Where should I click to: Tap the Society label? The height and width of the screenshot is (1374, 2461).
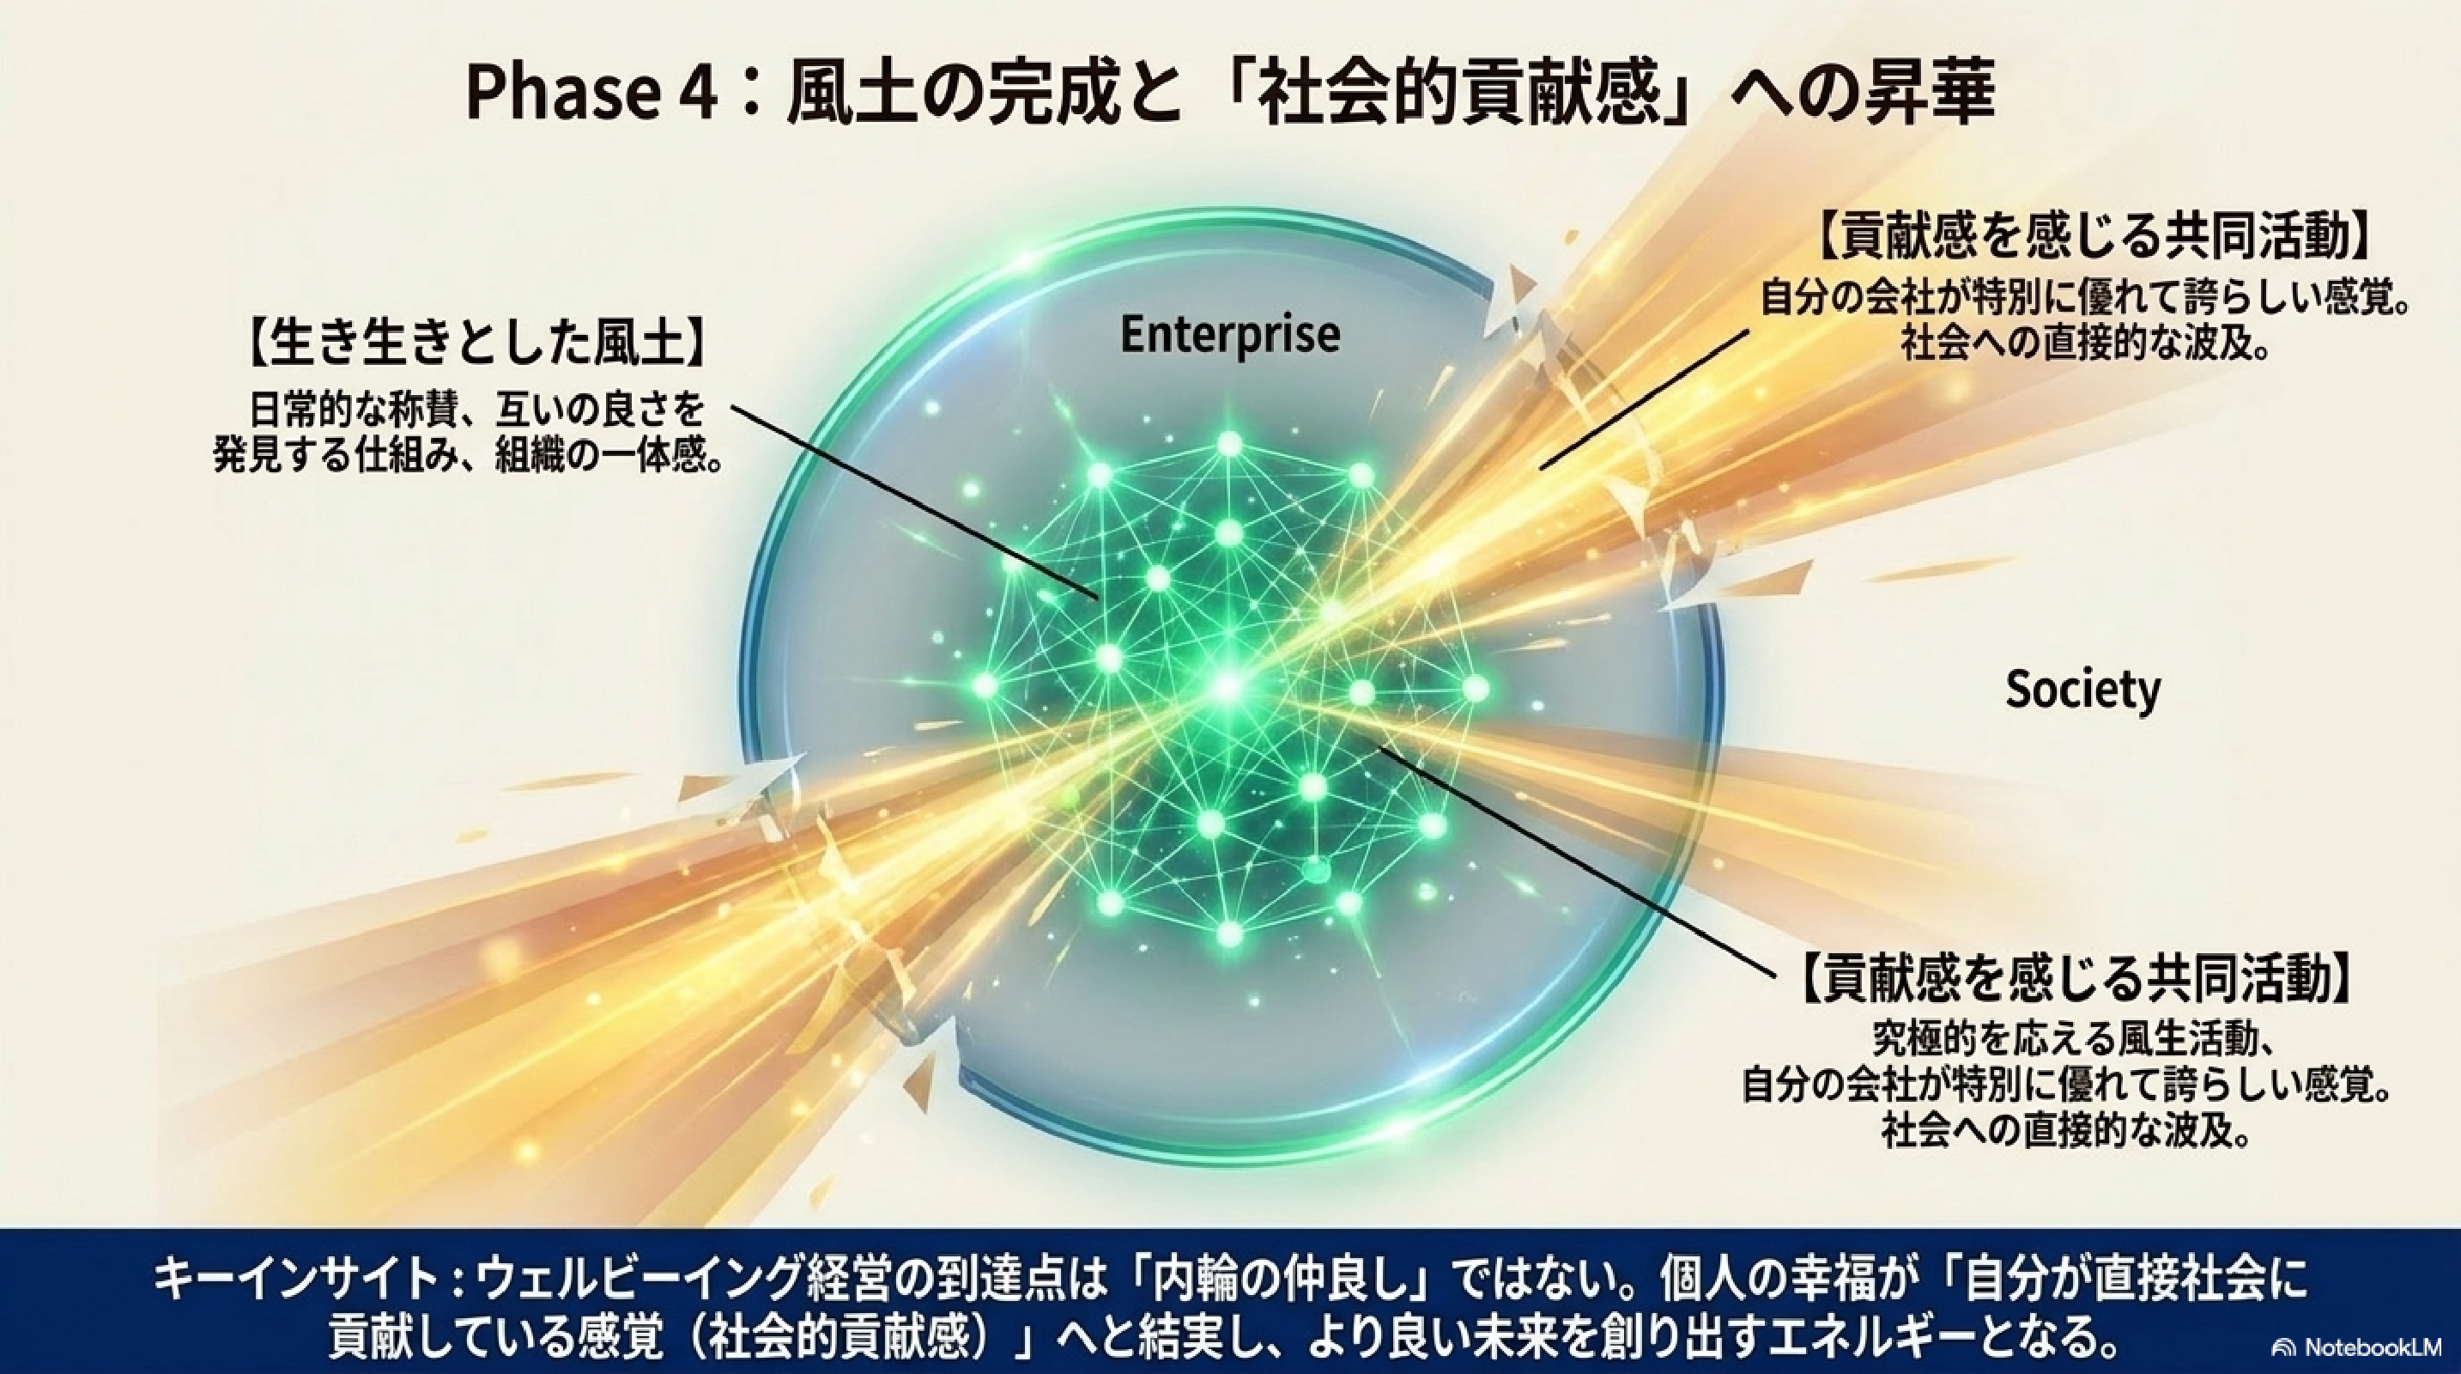click(2082, 689)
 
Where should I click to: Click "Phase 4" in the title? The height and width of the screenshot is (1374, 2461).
click(591, 95)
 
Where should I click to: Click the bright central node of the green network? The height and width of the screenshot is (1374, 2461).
click(1228, 686)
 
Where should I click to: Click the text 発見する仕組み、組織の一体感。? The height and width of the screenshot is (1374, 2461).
click(467, 457)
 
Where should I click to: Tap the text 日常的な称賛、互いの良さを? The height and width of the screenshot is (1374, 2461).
click(476, 410)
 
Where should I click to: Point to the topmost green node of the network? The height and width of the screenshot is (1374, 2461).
click(1229, 444)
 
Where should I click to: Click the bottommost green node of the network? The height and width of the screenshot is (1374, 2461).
click(1229, 933)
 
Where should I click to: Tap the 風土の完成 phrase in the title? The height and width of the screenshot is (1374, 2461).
click(932, 95)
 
